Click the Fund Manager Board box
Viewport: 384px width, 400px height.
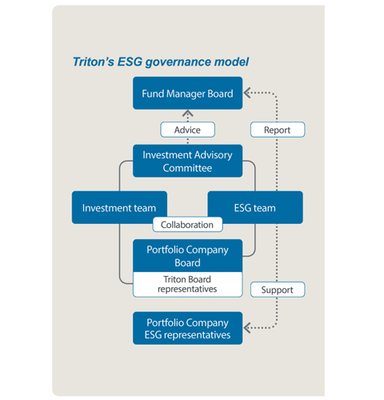click(187, 93)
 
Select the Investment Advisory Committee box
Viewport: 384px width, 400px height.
click(187, 161)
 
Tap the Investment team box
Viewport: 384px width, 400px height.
click(119, 207)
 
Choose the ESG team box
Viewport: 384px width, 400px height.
click(255, 207)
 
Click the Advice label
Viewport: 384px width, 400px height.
click(187, 130)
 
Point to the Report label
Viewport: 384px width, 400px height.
click(278, 130)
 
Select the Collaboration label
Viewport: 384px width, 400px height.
click(187, 225)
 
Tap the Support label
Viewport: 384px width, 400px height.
click(278, 290)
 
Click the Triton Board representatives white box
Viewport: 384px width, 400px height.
click(187, 284)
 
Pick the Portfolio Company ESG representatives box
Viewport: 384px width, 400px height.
click(187, 328)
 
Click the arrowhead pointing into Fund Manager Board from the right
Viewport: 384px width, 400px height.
click(247, 93)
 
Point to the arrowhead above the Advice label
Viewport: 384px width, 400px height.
click(187, 113)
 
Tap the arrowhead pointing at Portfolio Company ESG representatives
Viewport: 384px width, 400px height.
click(247, 328)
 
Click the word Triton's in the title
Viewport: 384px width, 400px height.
click(94, 62)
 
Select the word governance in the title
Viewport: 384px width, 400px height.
click(178, 62)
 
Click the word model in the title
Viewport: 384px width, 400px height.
click(231, 62)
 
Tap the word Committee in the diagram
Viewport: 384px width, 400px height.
click(187, 168)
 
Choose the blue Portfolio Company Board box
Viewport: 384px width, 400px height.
click(187, 256)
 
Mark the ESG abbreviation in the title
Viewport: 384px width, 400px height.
click(130, 62)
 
